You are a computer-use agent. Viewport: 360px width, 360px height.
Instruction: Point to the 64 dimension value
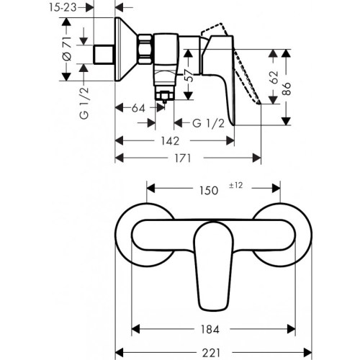pos(140,109)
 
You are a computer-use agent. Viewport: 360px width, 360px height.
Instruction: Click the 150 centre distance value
pos(209,191)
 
